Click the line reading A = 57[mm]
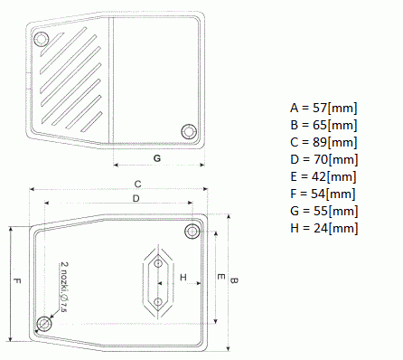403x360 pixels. click(x=323, y=108)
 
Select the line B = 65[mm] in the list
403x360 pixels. click(x=323, y=125)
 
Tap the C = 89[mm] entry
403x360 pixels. click(x=323, y=142)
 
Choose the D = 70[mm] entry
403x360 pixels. click(x=324, y=159)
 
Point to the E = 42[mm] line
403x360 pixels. click(x=323, y=176)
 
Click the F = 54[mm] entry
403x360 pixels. click(x=323, y=194)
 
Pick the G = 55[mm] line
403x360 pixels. click(x=324, y=211)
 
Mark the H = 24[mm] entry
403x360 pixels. click(x=324, y=228)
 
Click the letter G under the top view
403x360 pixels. click(x=157, y=158)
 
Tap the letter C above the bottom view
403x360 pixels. click(x=137, y=184)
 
